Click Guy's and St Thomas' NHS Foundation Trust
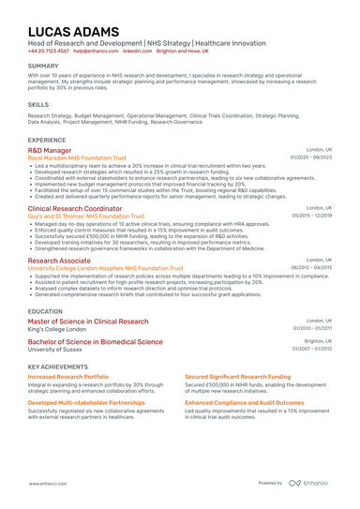pyautogui.click(x=81, y=217)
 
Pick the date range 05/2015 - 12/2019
pyautogui.click(x=311, y=217)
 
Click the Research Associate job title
pyautogui.click(x=59, y=260)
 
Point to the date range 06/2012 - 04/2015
pyautogui.click(x=311, y=267)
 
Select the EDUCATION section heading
pyautogui.click(x=46, y=310)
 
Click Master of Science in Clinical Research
pyautogui.click(x=87, y=321)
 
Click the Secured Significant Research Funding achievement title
pyautogui.click(x=239, y=377)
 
